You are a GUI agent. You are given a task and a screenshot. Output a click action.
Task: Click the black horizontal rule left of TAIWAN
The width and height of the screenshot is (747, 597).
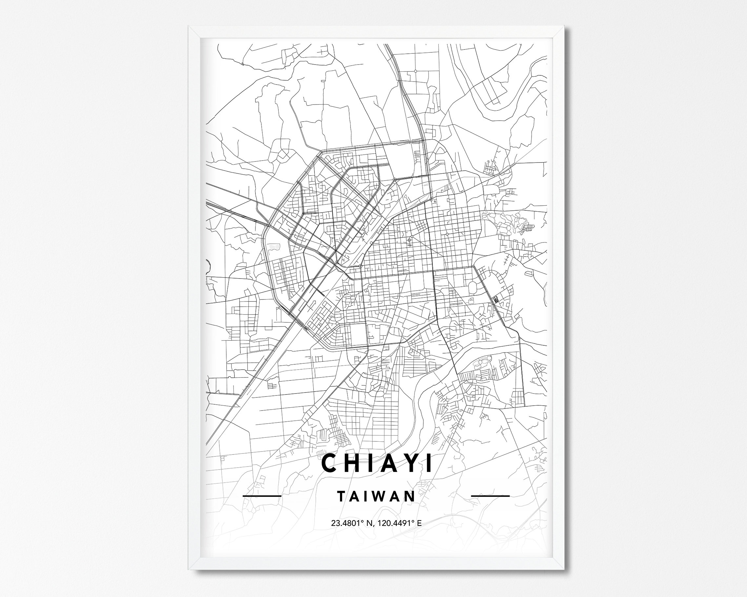262,496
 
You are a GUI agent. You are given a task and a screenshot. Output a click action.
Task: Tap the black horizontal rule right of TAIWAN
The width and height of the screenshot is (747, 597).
490,496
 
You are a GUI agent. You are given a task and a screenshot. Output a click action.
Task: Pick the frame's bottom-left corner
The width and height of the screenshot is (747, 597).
190,570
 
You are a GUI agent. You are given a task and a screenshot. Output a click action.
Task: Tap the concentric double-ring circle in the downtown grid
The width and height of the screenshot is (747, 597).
410,240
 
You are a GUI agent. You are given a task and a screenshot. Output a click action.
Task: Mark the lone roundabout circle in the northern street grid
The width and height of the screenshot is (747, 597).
415,71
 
